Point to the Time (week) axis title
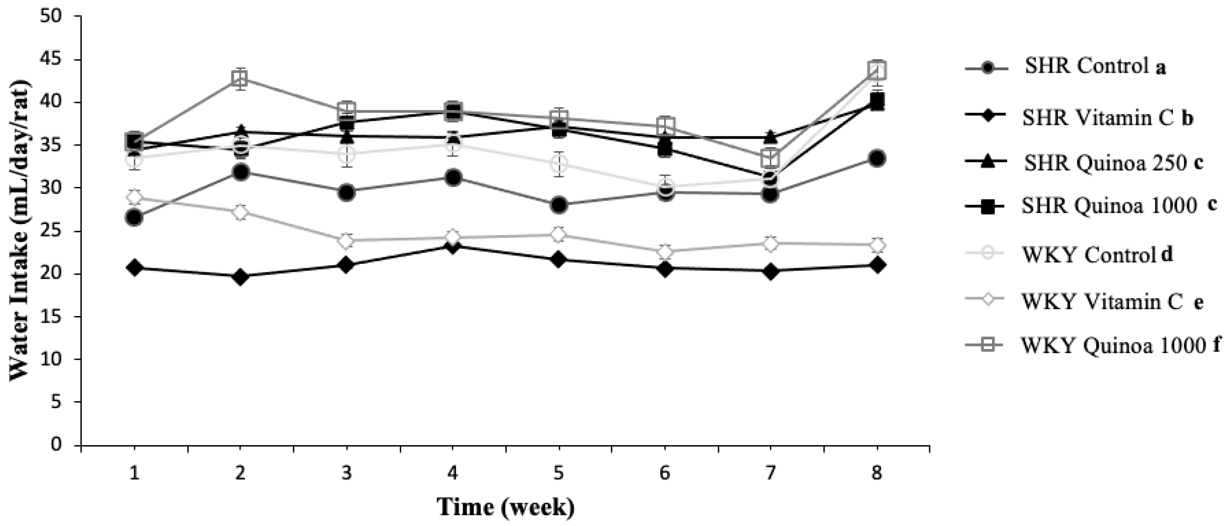click(x=506, y=507)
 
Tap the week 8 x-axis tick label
click(x=877, y=474)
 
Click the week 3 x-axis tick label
click(x=347, y=474)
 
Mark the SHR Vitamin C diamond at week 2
click(x=241, y=277)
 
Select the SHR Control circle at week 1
click(x=135, y=218)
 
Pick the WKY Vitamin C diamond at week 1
click(x=135, y=196)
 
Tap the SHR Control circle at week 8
click(x=877, y=159)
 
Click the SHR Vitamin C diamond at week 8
click(x=877, y=265)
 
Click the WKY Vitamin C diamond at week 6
click(x=665, y=252)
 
